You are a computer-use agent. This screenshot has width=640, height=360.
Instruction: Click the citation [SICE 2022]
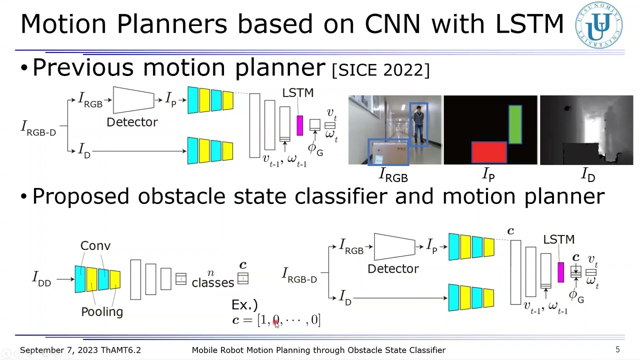380,70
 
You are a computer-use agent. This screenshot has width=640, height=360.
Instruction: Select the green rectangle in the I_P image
515,123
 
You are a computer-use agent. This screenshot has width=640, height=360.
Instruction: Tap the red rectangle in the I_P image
489,152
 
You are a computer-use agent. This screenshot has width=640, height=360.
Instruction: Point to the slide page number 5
617,350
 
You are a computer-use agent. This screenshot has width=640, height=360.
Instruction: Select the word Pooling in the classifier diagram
102,312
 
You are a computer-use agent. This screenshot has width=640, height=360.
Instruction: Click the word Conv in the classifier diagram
95,246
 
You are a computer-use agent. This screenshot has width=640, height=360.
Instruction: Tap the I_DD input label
42,278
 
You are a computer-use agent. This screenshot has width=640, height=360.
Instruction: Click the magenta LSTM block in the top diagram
299,125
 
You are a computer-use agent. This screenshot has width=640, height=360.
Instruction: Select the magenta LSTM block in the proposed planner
560,272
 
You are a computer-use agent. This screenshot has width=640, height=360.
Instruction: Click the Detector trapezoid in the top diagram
133,100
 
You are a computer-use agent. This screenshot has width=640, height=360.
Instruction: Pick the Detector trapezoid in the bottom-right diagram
394,246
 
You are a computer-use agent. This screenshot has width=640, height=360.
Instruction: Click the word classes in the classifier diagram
212,283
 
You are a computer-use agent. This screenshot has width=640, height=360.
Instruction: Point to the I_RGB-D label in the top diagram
38,128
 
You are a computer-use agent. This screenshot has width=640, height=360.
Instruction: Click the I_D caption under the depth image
587,174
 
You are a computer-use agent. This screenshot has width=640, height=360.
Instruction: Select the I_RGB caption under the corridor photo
393,175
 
